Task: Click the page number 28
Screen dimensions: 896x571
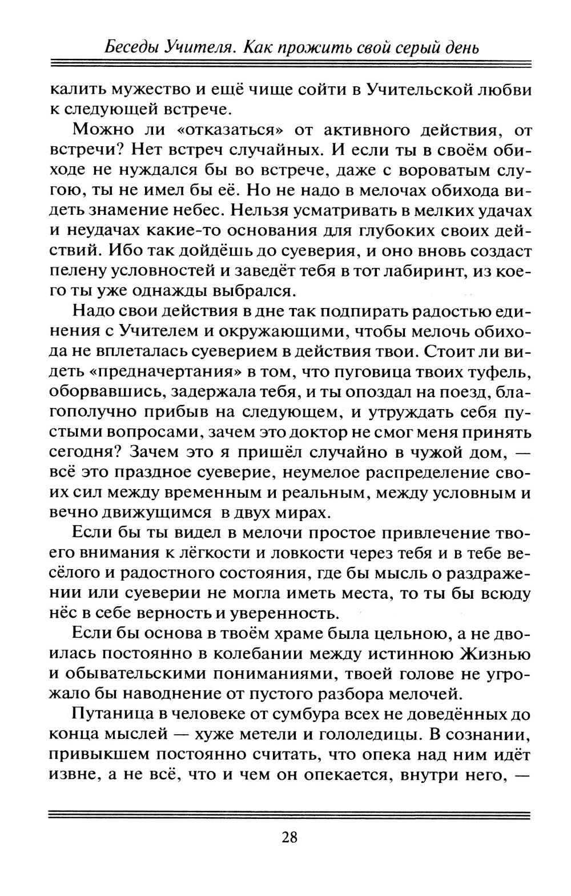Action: [x=289, y=838]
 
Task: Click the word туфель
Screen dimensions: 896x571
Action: [x=498, y=373]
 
